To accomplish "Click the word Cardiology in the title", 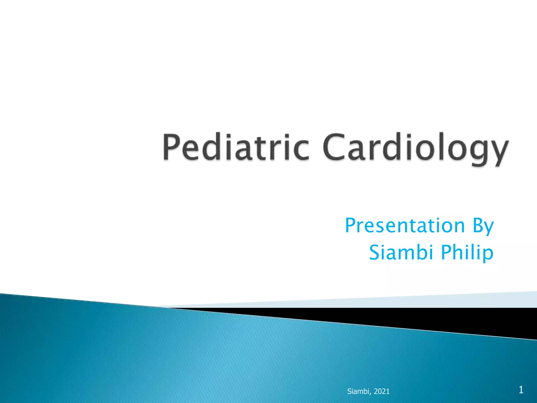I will pos(416,148).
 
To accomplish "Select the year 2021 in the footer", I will pos(382,391).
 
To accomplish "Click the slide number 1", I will pos(521,390).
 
